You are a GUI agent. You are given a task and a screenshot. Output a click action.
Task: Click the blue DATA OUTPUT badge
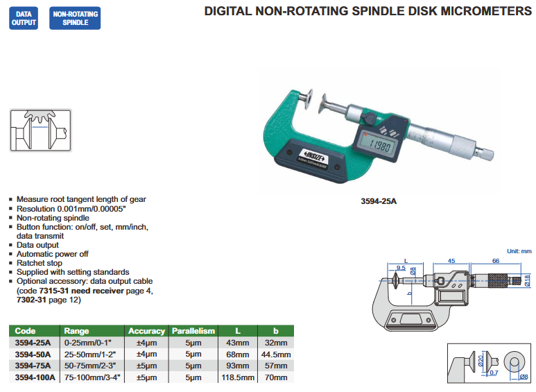coord(24,18)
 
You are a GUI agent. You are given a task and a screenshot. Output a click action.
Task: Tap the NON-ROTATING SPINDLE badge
coord(75,18)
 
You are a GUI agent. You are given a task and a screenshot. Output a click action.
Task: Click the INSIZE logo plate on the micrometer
coord(313,157)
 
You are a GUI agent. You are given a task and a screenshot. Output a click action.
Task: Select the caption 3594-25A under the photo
coord(379,201)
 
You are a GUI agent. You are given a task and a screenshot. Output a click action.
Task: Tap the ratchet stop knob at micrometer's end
coord(485,153)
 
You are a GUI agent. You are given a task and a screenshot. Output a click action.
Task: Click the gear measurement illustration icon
coord(41,130)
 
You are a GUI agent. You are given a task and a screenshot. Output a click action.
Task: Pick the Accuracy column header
coord(146,331)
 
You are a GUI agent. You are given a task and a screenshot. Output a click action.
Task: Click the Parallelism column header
coord(193,331)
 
